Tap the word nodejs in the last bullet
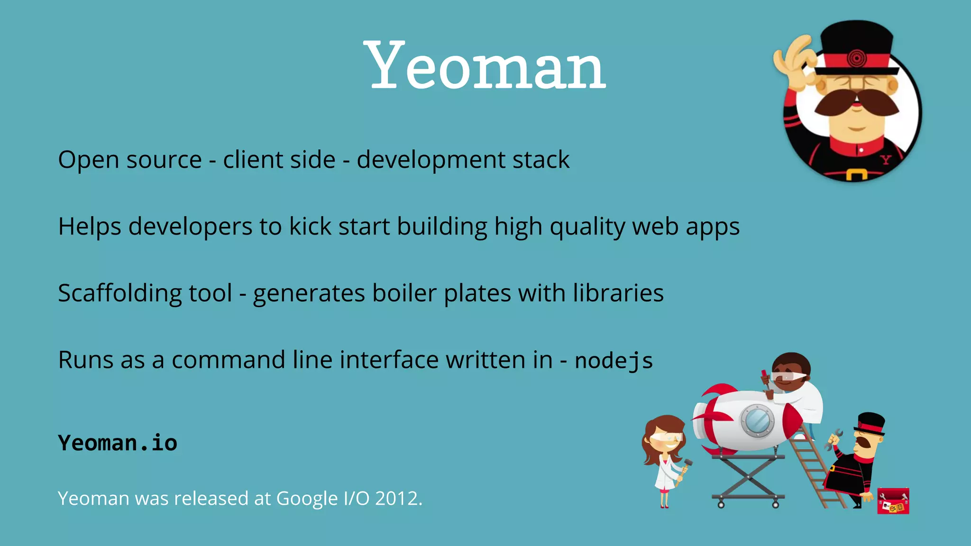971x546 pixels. pos(614,360)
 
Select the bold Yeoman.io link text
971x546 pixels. pos(118,443)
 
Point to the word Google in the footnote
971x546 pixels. pos(307,499)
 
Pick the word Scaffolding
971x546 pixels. pos(119,293)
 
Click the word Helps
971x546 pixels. pos(90,227)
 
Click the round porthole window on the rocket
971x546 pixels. pos(757,420)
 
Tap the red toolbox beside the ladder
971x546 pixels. pos(893,500)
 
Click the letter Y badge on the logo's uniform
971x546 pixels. pos(885,160)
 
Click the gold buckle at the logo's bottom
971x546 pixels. pos(856,175)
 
